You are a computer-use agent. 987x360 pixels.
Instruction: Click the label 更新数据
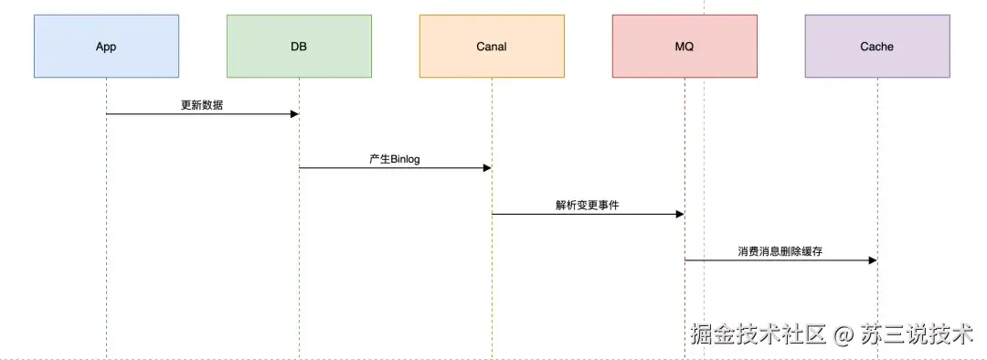pos(202,105)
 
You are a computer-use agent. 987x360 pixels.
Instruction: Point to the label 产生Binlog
pos(395,159)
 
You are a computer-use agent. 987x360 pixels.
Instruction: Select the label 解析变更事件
pos(587,206)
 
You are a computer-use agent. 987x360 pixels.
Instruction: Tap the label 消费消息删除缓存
pos(780,251)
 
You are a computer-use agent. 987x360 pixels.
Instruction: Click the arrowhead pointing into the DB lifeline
pos(294,114)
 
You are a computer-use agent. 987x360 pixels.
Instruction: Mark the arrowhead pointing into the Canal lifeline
pos(487,168)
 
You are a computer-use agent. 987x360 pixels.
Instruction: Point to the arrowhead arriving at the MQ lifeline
pos(680,215)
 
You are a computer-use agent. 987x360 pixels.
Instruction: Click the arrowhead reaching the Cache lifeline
pos(873,261)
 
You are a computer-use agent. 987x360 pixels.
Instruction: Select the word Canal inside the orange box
pos(492,47)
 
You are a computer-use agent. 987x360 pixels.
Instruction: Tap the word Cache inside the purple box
pos(877,47)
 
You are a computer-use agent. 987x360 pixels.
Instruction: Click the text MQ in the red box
pos(685,47)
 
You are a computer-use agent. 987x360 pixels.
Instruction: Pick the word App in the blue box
pos(106,47)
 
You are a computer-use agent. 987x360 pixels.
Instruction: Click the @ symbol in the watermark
pos(842,334)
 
